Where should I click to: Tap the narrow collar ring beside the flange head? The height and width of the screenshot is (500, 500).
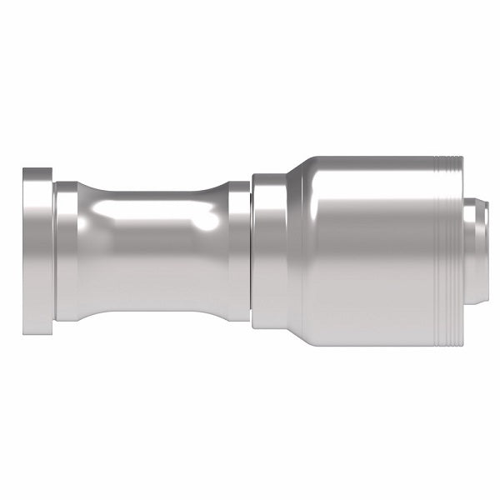(x=67, y=250)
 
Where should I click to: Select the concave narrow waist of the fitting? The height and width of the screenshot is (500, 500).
(x=154, y=250)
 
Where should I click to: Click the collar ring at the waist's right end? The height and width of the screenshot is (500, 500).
(x=239, y=250)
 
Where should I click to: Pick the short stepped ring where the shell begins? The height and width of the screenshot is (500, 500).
(x=268, y=250)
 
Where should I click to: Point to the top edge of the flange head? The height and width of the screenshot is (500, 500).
(x=37, y=171)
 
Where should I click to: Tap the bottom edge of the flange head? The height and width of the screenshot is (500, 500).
(x=37, y=329)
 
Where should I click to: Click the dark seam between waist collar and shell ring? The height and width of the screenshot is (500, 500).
(x=251, y=250)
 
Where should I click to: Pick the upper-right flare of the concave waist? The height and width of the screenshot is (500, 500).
(x=218, y=193)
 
